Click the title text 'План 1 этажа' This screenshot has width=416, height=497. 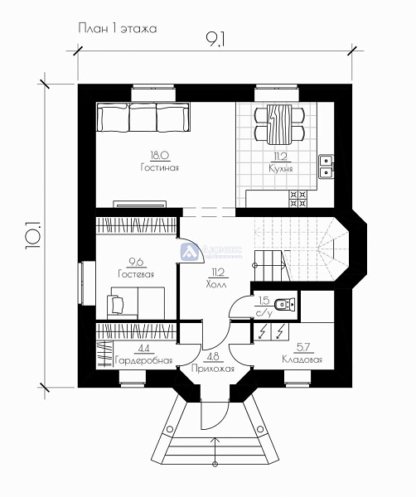click(117, 28)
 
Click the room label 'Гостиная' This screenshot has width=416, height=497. click(159, 167)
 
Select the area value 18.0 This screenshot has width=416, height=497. click(159, 155)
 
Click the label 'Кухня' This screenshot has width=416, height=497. click(281, 168)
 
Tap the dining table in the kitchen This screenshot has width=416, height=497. click(279, 123)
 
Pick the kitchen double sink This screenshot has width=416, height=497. click(327, 166)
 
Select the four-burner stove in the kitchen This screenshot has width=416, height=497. click(297, 198)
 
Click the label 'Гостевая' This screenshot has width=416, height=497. click(135, 273)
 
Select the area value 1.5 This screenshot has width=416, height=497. click(263, 301)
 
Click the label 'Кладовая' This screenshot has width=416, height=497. click(302, 359)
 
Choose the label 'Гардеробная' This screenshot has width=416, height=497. click(143, 360)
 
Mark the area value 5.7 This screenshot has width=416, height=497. click(302, 348)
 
